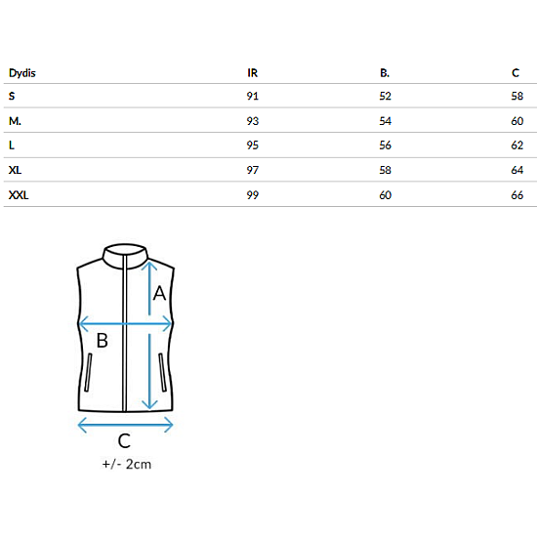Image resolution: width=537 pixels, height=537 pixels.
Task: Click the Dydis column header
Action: [21, 73]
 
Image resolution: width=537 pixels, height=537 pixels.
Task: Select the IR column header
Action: [253, 73]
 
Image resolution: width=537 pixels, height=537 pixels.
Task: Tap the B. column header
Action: [385, 73]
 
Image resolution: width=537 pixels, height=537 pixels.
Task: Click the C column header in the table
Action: [516, 73]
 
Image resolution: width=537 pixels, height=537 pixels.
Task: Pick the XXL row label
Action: [19, 195]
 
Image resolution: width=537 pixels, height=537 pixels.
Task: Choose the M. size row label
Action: [15, 121]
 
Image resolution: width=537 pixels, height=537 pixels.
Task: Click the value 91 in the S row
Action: [253, 96]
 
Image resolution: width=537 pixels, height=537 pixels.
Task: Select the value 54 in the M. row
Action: [385, 121]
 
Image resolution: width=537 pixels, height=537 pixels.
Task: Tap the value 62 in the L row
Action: [517, 145]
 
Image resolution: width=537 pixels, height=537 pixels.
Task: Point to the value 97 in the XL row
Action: [253, 170]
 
